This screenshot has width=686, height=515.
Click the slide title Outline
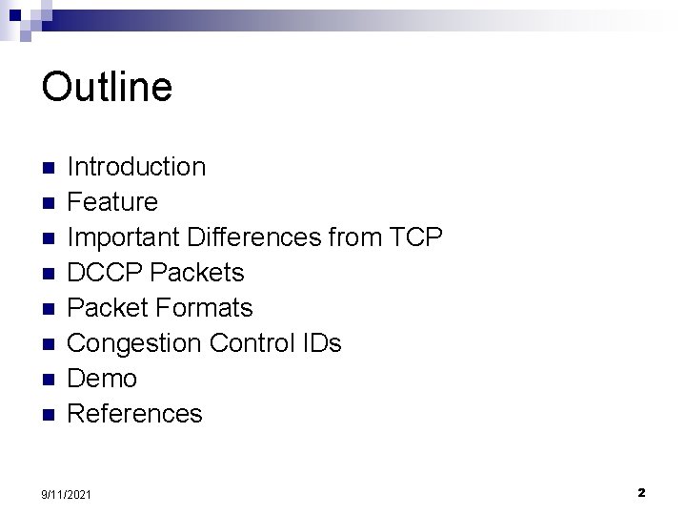click(x=107, y=87)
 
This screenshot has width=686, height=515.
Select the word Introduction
click(x=137, y=167)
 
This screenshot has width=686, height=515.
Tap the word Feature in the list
click(x=113, y=202)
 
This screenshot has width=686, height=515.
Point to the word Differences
click(x=251, y=237)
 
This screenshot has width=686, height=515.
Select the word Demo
click(x=103, y=379)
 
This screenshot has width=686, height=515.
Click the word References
click(x=136, y=414)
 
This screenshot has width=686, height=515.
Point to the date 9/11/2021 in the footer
click(x=68, y=493)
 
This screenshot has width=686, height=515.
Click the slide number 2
click(x=641, y=492)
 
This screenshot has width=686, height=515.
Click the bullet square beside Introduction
click(x=50, y=168)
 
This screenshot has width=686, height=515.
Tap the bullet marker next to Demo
click(x=50, y=380)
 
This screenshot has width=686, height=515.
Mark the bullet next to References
click(x=50, y=415)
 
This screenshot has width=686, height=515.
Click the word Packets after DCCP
click(x=195, y=273)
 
